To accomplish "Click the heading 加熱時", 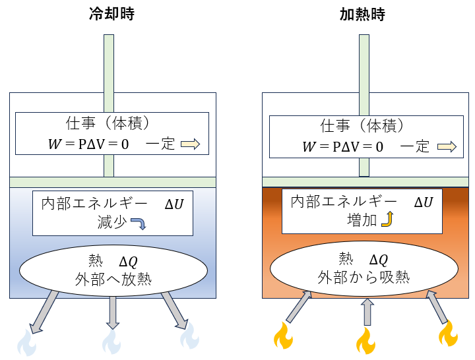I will click(x=360, y=15).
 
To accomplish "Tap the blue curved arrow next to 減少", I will click(x=139, y=224).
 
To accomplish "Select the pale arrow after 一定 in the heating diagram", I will click(x=446, y=147).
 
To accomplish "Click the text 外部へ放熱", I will click(x=115, y=278).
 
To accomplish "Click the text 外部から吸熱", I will click(x=364, y=276).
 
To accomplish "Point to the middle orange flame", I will click(x=366, y=341).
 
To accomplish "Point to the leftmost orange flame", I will click(x=284, y=335).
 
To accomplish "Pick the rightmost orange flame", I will click(x=449, y=334).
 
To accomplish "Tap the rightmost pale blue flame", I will click(x=189, y=336).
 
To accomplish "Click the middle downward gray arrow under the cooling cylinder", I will click(x=113, y=312).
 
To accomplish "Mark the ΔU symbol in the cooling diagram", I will click(x=174, y=204).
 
